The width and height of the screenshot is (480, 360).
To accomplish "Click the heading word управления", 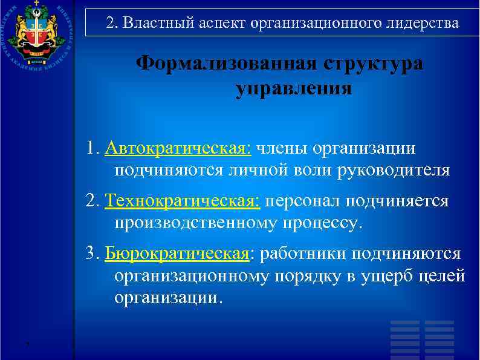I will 293,89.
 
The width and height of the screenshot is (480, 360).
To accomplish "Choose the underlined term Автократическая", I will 179,148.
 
